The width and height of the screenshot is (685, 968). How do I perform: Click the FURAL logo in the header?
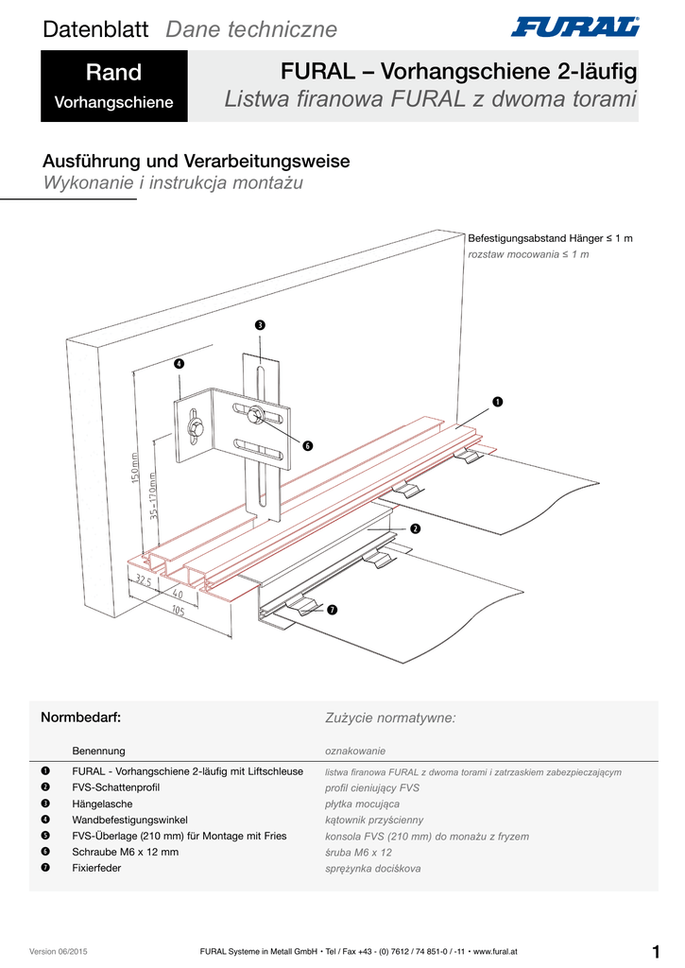click(574, 26)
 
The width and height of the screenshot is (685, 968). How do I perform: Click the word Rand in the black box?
click(113, 73)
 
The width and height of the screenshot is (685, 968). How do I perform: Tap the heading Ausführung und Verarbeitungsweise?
click(197, 161)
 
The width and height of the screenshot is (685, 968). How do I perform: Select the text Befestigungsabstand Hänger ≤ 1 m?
click(550, 238)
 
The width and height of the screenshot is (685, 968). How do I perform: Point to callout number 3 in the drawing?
click(260, 326)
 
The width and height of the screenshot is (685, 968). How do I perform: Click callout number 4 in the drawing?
click(179, 364)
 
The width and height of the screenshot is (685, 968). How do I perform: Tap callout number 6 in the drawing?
click(307, 445)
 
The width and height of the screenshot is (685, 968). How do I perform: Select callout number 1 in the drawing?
click(496, 403)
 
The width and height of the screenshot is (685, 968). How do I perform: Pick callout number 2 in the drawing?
click(415, 527)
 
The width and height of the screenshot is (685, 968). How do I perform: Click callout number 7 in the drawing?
click(332, 610)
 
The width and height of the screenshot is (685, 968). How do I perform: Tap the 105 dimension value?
click(179, 611)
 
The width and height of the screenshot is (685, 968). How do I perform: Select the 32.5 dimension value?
click(145, 580)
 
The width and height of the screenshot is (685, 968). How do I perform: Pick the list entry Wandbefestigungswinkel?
click(130, 820)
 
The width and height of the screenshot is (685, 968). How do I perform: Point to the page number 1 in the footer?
click(656, 950)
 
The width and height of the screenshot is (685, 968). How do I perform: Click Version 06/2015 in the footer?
click(66, 951)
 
